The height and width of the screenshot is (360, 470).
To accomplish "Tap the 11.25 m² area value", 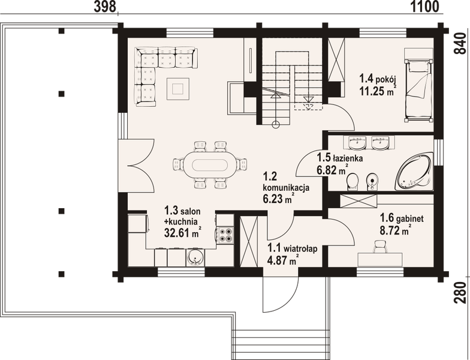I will [377, 91].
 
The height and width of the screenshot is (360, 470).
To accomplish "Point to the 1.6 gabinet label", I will [402, 219].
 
